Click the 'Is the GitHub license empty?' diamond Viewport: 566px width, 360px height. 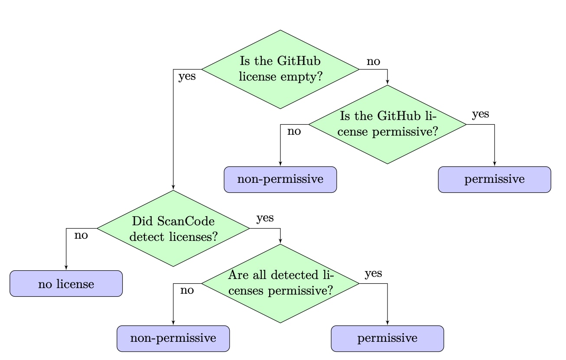click(x=280, y=69)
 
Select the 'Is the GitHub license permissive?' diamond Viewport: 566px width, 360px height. click(x=387, y=124)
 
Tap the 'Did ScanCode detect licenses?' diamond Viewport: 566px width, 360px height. click(x=173, y=228)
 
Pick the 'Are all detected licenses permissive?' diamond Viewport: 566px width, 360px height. click(x=280, y=283)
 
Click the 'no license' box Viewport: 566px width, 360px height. click(x=66, y=284)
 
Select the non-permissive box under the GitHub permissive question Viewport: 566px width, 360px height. click(x=280, y=179)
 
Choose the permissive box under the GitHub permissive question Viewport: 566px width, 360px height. click(x=494, y=179)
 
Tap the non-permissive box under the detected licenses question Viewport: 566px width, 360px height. click(x=173, y=338)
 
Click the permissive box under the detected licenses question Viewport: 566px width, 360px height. click(x=387, y=338)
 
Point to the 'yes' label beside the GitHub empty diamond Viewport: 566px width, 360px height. click(x=187, y=77)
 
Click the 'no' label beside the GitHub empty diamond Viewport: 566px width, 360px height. click(x=373, y=62)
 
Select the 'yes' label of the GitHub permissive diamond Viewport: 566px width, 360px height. click(x=480, y=114)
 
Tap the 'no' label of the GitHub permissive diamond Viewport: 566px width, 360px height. click(x=294, y=131)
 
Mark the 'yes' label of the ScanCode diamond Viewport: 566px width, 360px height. click(x=265, y=218)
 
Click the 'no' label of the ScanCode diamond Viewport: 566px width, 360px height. click(x=81, y=236)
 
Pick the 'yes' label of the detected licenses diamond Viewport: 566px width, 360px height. click(x=373, y=273)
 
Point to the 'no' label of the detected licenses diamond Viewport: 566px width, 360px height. click(x=187, y=290)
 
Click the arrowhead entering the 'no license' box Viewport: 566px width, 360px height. click(x=66, y=268)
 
